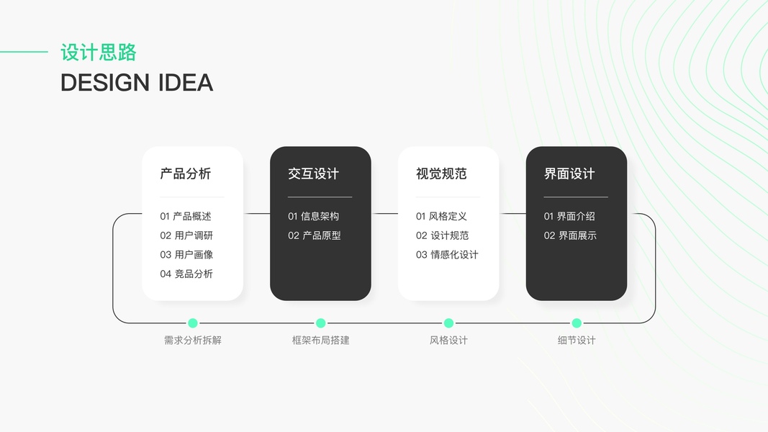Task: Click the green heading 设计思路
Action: coord(99,53)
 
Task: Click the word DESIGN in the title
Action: coord(105,83)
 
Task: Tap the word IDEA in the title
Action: coord(185,83)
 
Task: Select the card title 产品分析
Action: coord(186,174)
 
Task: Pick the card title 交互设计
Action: coord(313,174)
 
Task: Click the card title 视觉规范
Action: coord(441,174)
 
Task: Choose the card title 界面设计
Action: coord(569,174)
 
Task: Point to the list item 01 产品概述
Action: coord(186,216)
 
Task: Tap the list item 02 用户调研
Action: coord(186,235)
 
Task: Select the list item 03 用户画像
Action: coord(186,254)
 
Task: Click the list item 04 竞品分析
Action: coord(186,274)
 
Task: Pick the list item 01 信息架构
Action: coord(313,216)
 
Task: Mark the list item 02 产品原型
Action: coord(315,235)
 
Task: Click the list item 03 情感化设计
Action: coord(447,254)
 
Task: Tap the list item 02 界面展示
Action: coord(570,235)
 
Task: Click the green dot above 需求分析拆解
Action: coord(193,323)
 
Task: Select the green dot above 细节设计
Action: coord(577,323)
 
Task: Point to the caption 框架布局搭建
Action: coord(320,340)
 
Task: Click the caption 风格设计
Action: coord(448,340)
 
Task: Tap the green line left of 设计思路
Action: coord(24,52)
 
